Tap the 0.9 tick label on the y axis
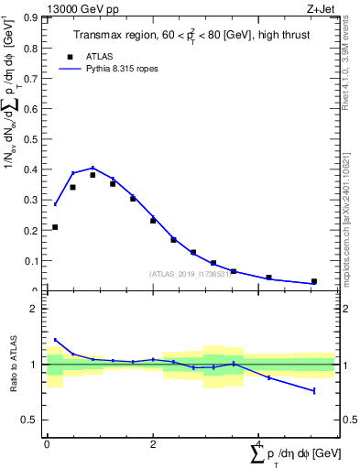click(32, 17)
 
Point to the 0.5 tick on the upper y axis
click(32, 139)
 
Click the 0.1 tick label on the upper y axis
click(32, 261)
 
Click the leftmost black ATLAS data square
click(55, 227)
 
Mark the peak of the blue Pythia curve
click(93, 168)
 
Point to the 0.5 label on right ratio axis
click(348, 420)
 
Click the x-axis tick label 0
click(47, 444)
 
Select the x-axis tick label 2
click(152, 444)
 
